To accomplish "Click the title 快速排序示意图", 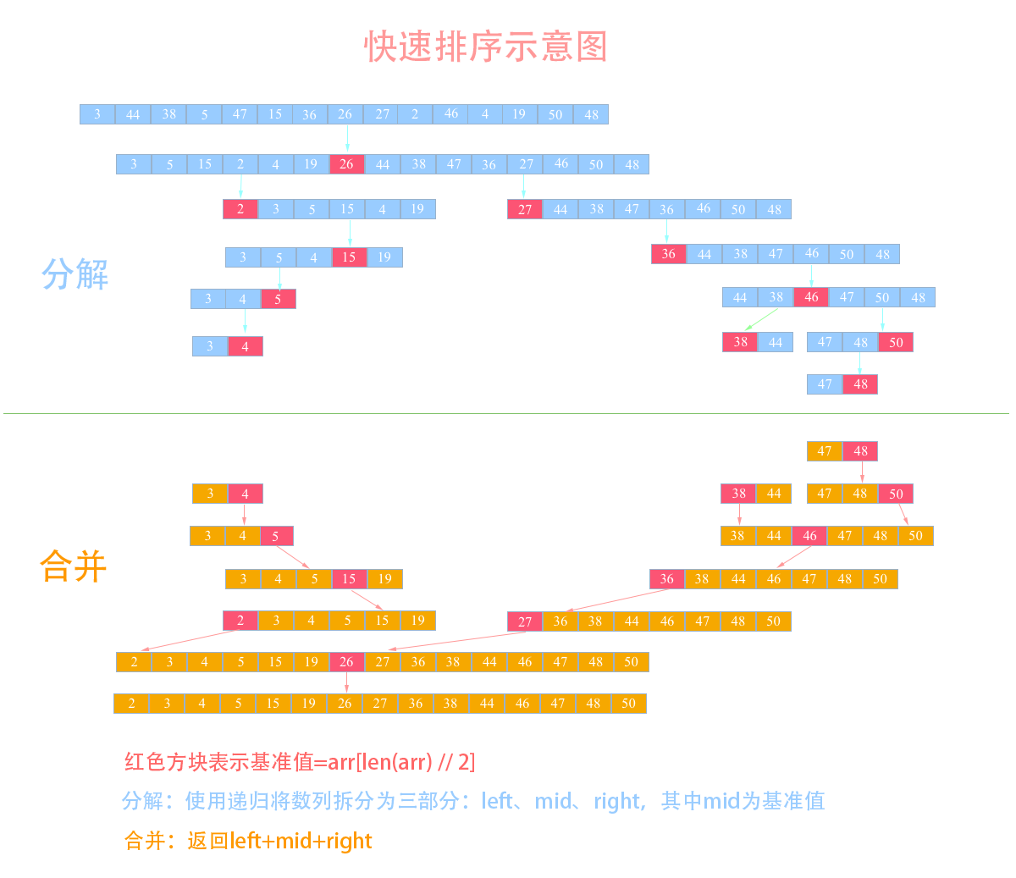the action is point(485,47).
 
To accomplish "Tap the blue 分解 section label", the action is point(75,273).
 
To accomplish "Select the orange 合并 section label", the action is point(74,566).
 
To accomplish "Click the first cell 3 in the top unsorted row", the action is point(97,114).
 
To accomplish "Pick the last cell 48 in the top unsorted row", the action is point(591,114).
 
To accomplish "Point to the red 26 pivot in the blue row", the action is point(346,164).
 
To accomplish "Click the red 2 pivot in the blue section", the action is point(240,209).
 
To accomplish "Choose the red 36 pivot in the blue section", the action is point(669,254).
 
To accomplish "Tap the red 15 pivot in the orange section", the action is point(349,578).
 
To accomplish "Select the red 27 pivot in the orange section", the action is point(525,621).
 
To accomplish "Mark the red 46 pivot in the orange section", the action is point(809,535).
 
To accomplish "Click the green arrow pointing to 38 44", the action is point(761,319).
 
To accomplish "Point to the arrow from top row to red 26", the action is point(347,138).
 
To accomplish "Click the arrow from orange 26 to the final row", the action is point(346,682).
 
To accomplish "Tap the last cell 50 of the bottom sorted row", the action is point(629,704).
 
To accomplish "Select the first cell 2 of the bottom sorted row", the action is point(132,704).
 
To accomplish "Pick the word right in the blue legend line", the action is point(617,801).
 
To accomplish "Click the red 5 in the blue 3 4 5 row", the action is point(279,299).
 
